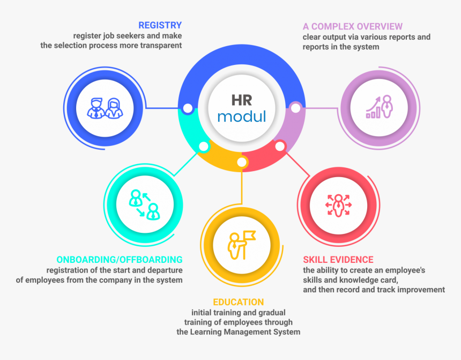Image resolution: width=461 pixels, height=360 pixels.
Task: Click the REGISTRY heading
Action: (160, 25)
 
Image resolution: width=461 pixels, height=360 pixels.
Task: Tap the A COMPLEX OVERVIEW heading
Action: (353, 26)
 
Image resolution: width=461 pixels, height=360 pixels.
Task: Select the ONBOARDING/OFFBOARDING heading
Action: (120, 260)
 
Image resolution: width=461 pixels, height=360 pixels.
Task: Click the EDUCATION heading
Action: (239, 302)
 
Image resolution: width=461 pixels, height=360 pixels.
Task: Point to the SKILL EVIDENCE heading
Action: (338, 260)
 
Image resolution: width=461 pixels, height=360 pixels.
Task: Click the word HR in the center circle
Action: (242, 100)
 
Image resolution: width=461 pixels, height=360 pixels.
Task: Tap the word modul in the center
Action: (242, 116)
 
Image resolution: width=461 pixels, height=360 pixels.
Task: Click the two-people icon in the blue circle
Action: (105, 108)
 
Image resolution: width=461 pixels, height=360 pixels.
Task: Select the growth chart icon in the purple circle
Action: (380, 107)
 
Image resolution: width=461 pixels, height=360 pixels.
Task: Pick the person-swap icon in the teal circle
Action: (144, 205)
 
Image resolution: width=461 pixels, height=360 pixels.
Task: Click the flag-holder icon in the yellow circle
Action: (242, 245)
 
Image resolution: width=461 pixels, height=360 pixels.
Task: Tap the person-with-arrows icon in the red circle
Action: (338, 205)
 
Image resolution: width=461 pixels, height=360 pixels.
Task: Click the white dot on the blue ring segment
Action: (188, 108)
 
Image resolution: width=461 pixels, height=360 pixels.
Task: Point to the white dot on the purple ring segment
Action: (296, 108)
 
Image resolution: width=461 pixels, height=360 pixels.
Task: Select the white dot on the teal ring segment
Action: (204, 146)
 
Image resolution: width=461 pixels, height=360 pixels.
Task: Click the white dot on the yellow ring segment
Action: (242, 162)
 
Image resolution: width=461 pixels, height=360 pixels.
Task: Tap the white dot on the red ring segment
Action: (280, 146)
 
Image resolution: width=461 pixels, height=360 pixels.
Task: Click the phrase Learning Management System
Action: (245, 332)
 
